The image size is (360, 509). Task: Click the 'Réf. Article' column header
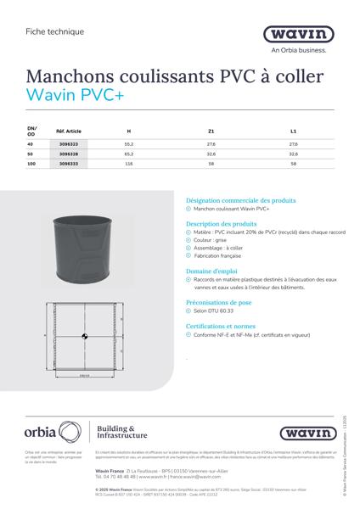[x=69, y=131]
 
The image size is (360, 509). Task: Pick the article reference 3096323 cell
[x=69, y=145]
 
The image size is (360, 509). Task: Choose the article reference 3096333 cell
[x=69, y=165]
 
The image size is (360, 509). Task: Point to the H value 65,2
[x=129, y=155]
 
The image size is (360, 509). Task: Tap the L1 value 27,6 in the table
[x=293, y=145]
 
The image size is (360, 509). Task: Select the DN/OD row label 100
[x=31, y=165]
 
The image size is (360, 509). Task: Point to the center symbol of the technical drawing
[x=83, y=337]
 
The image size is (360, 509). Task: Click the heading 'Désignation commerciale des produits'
[x=240, y=201]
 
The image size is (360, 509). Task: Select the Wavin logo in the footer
[x=305, y=433]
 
